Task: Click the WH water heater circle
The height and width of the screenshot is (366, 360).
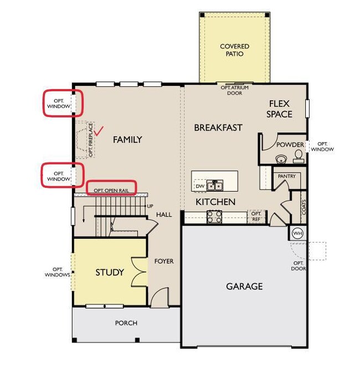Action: [297, 233]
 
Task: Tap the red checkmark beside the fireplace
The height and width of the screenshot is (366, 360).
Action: [99, 131]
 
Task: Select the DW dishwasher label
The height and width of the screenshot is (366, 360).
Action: [200, 186]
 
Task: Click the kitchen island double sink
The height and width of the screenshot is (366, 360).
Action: [215, 185]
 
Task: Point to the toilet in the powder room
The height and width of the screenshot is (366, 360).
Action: [299, 156]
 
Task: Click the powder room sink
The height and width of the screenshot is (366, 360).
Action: [281, 159]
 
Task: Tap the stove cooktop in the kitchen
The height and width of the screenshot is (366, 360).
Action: [214, 217]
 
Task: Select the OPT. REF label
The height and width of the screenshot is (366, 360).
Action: [256, 216]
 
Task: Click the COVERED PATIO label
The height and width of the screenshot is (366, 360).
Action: [235, 50]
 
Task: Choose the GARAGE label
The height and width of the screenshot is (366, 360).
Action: [244, 286]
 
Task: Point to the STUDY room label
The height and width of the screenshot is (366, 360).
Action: [110, 272]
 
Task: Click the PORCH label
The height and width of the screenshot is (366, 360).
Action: [126, 323]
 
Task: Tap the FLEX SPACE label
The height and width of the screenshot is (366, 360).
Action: [279, 109]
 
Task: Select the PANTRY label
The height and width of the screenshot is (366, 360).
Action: [287, 176]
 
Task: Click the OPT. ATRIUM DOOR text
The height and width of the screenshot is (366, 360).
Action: [235, 90]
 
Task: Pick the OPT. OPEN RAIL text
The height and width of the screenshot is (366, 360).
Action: [111, 190]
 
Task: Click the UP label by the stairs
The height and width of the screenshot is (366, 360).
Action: [150, 206]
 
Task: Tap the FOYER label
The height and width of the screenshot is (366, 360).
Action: [164, 261]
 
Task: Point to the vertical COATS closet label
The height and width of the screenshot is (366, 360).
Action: [304, 207]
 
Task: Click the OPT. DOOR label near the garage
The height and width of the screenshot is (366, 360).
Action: [299, 266]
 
